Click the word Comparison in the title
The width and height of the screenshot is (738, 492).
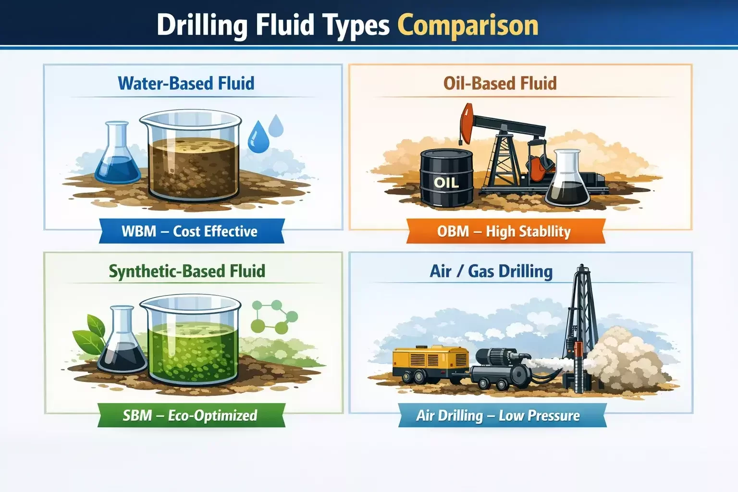[x=467, y=25]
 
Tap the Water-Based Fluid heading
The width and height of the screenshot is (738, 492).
[x=186, y=83]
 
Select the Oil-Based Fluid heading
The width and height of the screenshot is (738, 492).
[x=500, y=83]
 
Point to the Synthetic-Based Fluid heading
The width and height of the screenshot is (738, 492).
[x=187, y=271]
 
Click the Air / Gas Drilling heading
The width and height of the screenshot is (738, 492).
[x=491, y=271]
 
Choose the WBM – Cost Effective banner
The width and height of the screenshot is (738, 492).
[x=190, y=231]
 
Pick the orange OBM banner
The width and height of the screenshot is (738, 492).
[x=504, y=232]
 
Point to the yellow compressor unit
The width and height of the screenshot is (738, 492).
[x=430, y=364]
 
